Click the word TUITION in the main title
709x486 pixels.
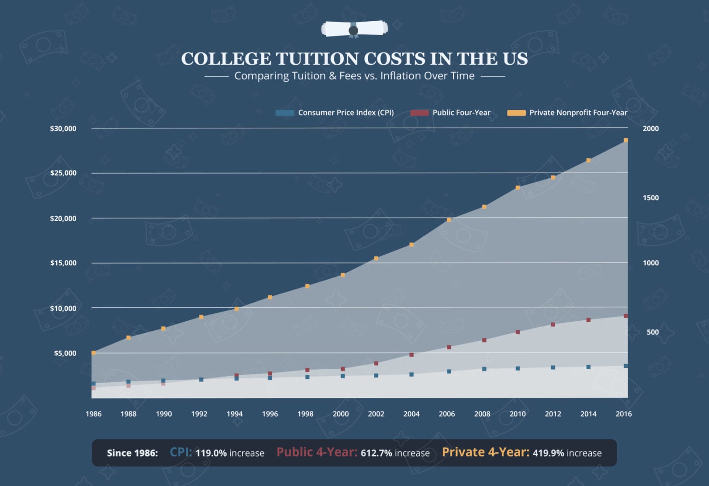pyautogui.click(x=317, y=59)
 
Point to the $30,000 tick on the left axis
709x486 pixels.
pyautogui.click(x=63, y=128)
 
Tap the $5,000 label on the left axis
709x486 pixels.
pyautogui.click(x=65, y=353)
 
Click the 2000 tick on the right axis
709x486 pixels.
pyautogui.click(x=650, y=128)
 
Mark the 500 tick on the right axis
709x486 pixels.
pyautogui.click(x=652, y=332)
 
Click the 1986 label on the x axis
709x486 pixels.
pyautogui.click(x=93, y=414)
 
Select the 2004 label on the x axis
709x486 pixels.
pyautogui.click(x=411, y=414)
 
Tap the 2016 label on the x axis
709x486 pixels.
pyautogui.click(x=624, y=414)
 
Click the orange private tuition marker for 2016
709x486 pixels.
pyautogui.click(x=626, y=140)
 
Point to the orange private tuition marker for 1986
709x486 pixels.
pyautogui.click(x=94, y=353)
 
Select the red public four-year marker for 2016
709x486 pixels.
pyautogui.click(x=626, y=316)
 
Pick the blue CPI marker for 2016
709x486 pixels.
pyautogui.click(x=626, y=366)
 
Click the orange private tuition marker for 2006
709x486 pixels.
pyautogui.click(x=449, y=220)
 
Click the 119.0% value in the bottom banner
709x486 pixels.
pyautogui.click(x=211, y=453)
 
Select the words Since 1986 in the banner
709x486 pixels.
pyautogui.click(x=132, y=453)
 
